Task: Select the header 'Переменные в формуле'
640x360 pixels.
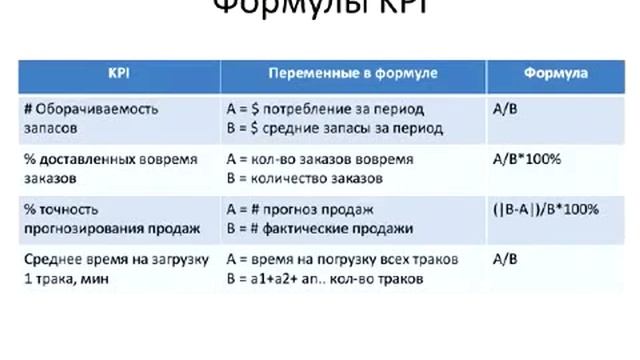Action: pos(354,75)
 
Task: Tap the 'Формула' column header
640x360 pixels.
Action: pos(555,75)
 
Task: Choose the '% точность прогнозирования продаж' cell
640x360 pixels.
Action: pos(110,219)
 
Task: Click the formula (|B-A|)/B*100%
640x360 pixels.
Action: pos(546,209)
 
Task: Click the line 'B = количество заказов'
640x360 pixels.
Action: pos(304,179)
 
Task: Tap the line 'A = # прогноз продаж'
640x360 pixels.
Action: pos(300,209)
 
